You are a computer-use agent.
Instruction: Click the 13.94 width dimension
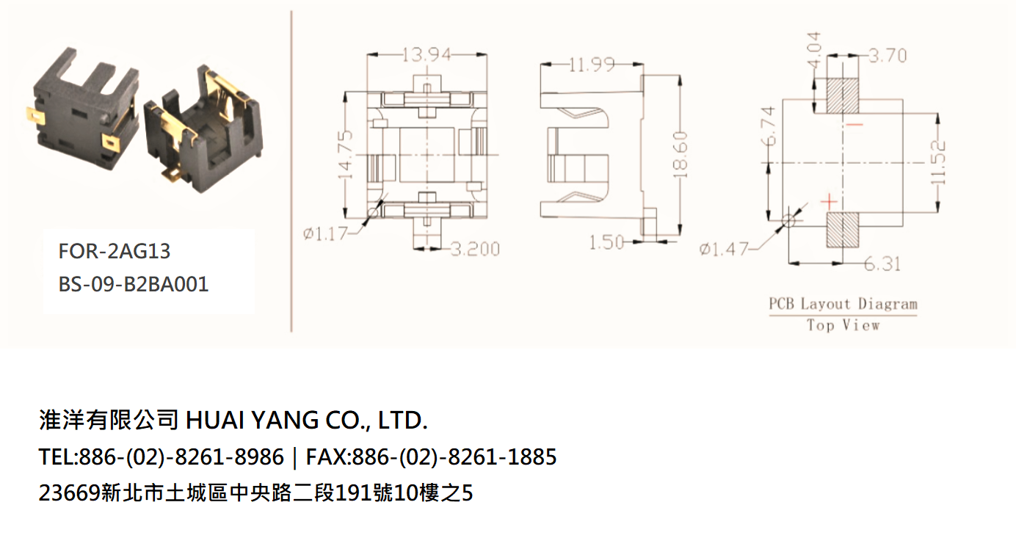427,55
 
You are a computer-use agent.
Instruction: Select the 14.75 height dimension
345,155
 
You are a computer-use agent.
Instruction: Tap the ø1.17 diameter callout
324,234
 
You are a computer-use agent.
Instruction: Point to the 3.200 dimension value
475,249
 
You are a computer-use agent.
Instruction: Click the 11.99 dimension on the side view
592,65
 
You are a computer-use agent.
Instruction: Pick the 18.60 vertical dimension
680,155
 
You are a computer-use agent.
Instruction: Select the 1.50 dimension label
606,243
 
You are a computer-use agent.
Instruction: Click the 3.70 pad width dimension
888,55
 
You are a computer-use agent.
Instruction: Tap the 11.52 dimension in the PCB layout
938,163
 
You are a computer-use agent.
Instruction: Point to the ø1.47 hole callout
723,249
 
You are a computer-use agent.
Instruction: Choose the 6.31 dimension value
882,263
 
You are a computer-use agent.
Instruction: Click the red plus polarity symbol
829,201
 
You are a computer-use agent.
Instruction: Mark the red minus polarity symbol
854,124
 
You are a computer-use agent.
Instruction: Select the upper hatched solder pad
843,95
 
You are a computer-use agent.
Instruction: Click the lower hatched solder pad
843,230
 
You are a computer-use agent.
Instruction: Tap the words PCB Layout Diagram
843,303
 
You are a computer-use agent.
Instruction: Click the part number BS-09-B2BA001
134,285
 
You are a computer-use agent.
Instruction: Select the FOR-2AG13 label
115,251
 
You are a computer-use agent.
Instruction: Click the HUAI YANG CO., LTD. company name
307,420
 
